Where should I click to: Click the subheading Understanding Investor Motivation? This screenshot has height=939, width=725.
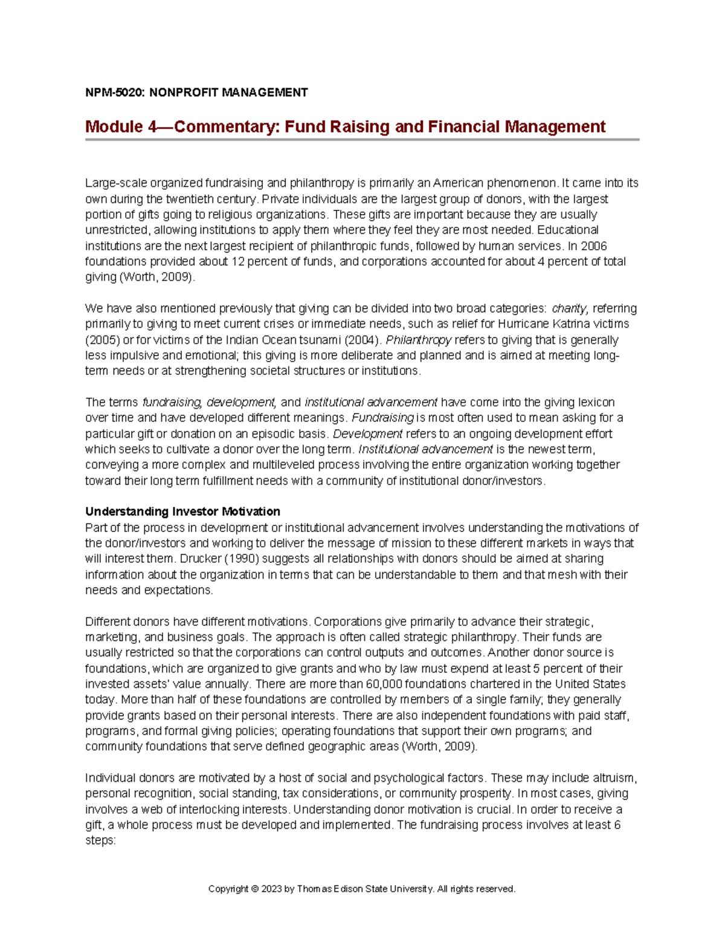[182, 512]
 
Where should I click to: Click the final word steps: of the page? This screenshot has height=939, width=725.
[100, 841]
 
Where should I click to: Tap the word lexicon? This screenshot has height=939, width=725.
[595, 403]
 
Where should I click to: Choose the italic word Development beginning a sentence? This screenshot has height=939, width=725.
[367, 434]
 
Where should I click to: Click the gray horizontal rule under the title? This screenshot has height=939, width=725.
[362, 140]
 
